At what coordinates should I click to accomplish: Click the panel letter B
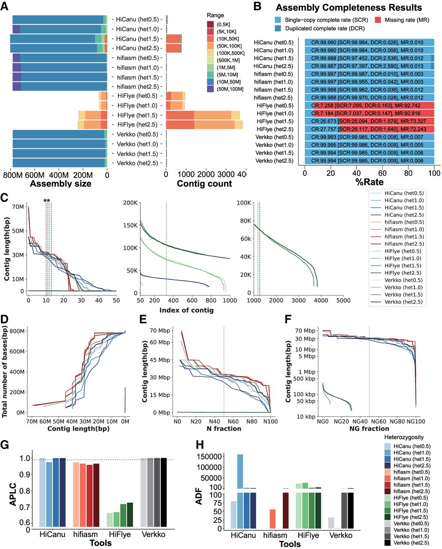pos(258,6)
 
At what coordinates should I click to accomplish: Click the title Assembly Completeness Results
pos(348,8)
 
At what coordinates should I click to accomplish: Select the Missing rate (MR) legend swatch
pos(378,20)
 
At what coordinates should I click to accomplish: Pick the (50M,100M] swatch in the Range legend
pos(210,89)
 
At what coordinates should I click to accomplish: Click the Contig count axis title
pos(204,184)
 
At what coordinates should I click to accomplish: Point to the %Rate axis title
pos(369,182)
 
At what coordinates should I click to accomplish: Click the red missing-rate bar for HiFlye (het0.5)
pos(373,106)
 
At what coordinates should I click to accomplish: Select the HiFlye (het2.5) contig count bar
pos(204,124)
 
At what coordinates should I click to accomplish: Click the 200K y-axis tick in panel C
pos(130,202)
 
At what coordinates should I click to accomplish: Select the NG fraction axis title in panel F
pos(369,428)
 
